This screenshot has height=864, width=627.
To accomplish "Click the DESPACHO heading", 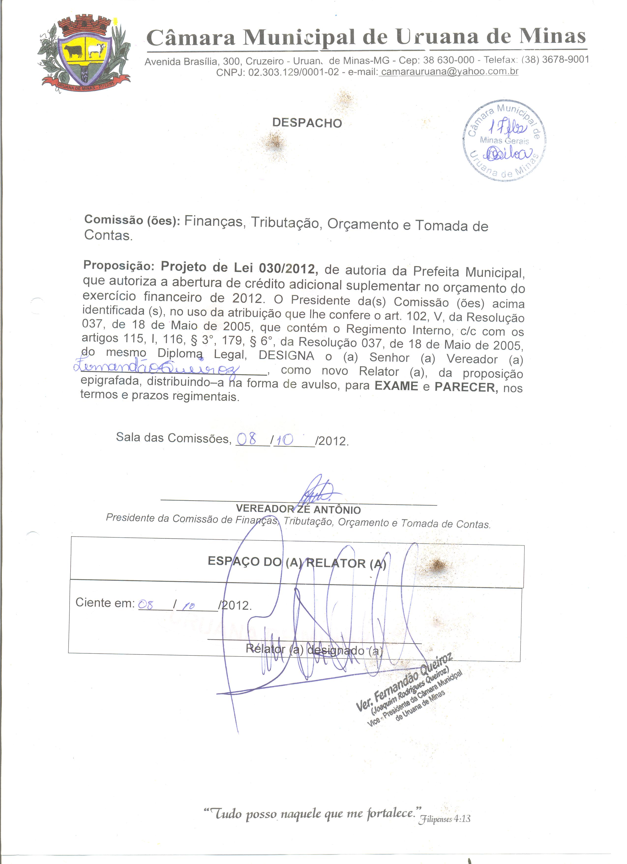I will [307, 123].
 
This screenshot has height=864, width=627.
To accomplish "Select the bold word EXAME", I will [396, 386].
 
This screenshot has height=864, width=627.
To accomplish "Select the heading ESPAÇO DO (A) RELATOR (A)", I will [297, 562].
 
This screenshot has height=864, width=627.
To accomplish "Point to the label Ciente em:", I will [105, 602].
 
